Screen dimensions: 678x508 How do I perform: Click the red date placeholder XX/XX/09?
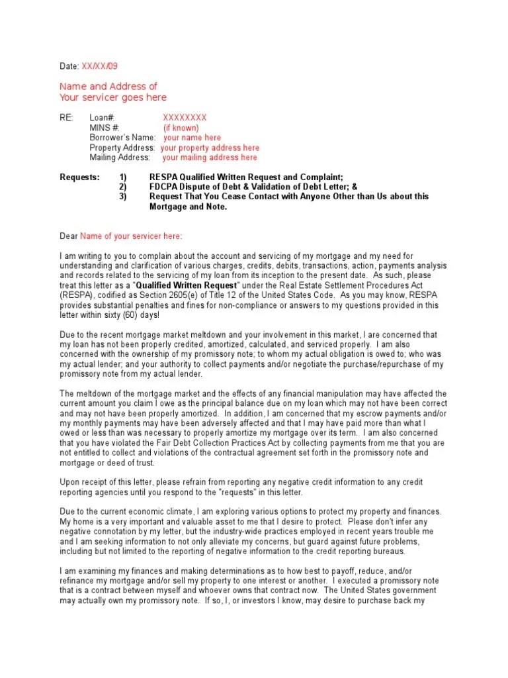click(100, 66)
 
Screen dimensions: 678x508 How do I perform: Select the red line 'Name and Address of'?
click(108, 87)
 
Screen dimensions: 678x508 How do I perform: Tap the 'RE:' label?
click(67, 117)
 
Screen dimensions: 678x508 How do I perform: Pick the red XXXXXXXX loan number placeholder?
click(185, 117)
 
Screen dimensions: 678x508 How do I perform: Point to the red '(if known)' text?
click(181, 128)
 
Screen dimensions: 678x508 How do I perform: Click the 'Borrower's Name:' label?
click(122, 138)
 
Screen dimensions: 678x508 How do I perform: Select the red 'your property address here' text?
click(210, 148)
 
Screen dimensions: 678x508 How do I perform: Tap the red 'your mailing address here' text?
click(210, 158)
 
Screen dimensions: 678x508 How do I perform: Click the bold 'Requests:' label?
click(80, 177)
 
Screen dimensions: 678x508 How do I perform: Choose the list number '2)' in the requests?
click(122, 187)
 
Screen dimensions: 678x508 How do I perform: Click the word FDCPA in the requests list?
click(163, 187)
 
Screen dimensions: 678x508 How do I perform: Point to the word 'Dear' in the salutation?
click(69, 236)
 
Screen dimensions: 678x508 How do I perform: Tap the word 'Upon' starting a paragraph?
click(70, 482)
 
